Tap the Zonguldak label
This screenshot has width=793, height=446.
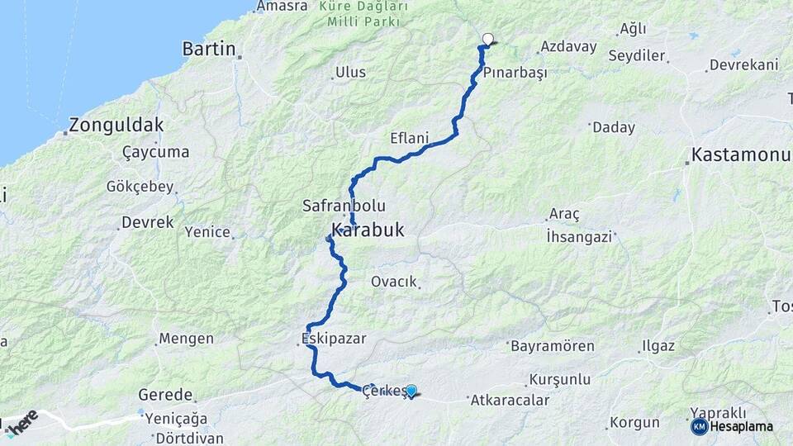click(x=116, y=126)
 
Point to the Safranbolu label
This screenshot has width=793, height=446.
click(x=344, y=206)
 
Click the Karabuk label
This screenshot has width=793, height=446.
click(x=368, y=230)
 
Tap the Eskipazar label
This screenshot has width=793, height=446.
click(x=333, y=338)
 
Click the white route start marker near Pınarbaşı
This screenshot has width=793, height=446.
click(x=488, y=38)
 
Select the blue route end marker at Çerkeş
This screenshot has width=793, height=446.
click(x=411, y=390)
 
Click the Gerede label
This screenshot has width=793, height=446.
click(x=165, y=395)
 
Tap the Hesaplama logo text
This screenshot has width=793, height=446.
click(x=742, y=426)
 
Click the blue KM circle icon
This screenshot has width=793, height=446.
click(x=699, y=426)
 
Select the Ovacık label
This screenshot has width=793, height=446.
click(x=394, y=282)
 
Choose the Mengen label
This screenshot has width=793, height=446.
click(x=186, y=339)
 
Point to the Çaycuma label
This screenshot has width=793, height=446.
click(x=155, y=152)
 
